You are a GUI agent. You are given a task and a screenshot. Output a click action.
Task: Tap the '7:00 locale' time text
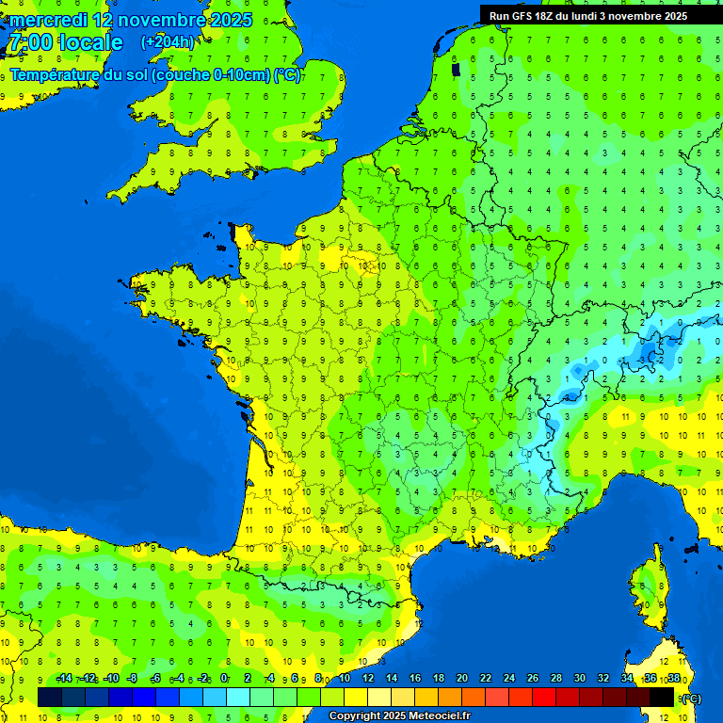[65, 42]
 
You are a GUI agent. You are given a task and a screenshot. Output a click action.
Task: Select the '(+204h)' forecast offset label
[168, 42]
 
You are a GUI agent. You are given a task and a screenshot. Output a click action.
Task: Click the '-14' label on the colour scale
[64, 678]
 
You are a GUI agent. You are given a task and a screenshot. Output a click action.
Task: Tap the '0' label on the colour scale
[224, 678]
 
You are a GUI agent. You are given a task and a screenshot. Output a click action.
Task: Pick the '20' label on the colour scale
[461, 678]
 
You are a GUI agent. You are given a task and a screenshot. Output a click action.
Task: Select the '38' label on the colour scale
[673, 678]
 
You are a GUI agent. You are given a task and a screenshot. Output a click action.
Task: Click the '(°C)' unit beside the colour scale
[692, 698]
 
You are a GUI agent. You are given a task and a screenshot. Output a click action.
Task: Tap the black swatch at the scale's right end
[662, 697]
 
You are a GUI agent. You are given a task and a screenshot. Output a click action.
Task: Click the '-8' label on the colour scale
[133, 678]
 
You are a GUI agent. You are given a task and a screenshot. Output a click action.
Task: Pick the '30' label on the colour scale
[579, 678]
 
